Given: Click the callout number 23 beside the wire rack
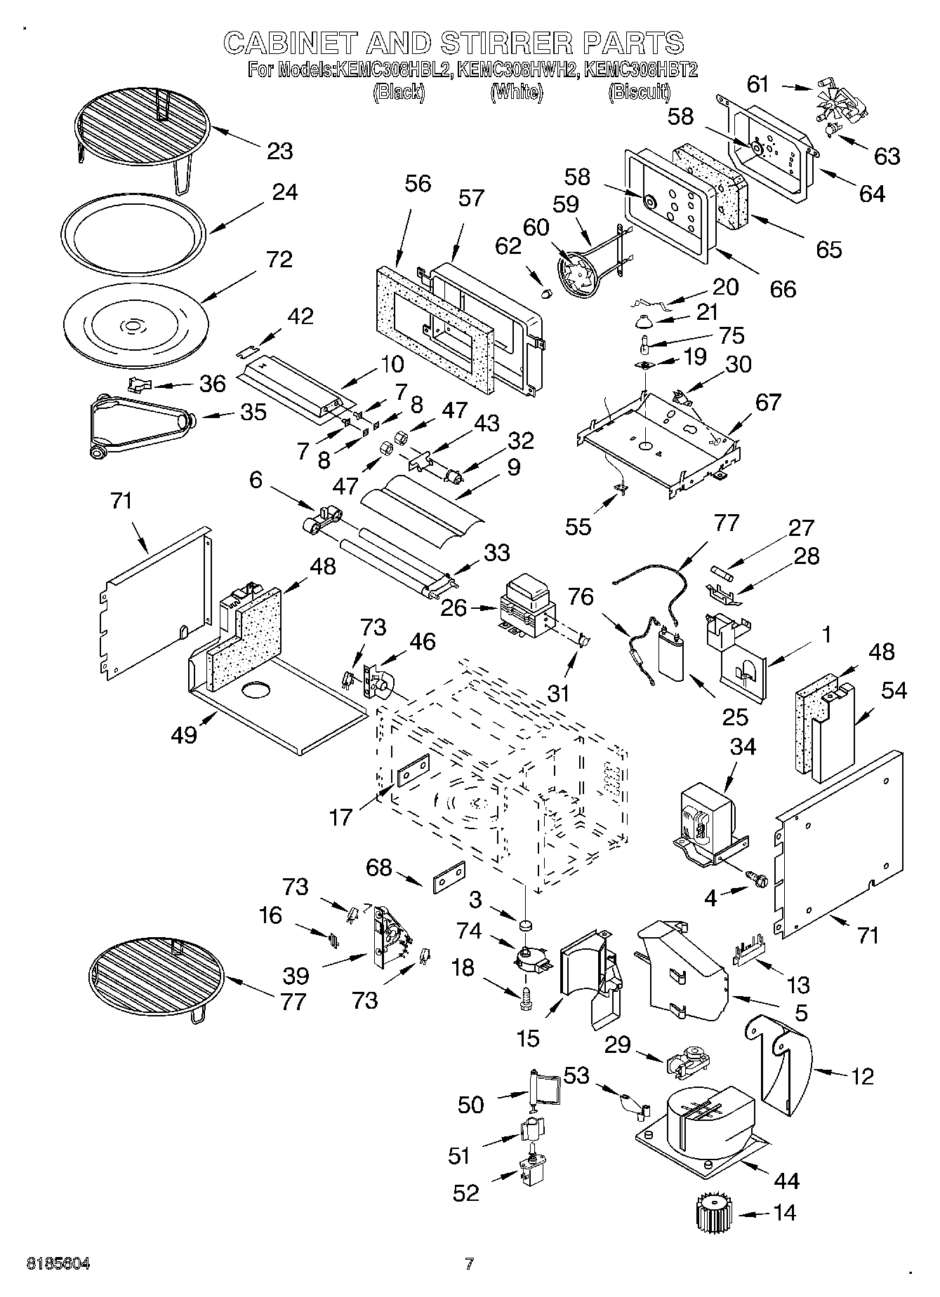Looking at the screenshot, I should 279,151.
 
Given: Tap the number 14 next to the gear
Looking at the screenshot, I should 784,1212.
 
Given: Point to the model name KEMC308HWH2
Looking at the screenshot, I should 517,70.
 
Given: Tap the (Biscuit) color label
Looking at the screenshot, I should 639,91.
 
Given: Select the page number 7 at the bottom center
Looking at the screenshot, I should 469,1264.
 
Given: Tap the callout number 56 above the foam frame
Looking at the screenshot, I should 418,184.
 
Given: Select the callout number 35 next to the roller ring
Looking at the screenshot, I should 253,412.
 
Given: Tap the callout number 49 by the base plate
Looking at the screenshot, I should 184,735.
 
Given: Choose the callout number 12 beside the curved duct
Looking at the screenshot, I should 862,1075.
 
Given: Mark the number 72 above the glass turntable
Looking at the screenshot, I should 279,260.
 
